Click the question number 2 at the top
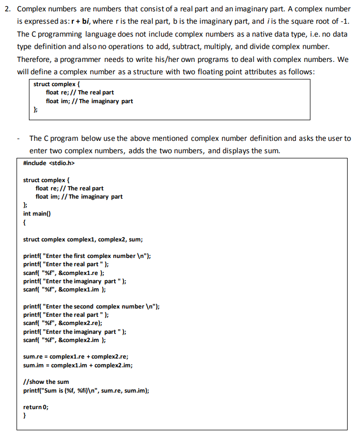pos(6,9)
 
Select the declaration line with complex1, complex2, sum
pos(83,239)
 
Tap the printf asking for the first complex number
pos(87,256)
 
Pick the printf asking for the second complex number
pos(91,306)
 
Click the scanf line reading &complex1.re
pos(64,273)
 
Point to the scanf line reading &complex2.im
pos(65,339)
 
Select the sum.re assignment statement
pos(76,357)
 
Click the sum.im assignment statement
pos(77,365)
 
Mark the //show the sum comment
pos(46,382)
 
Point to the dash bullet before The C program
pos(19,139)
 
